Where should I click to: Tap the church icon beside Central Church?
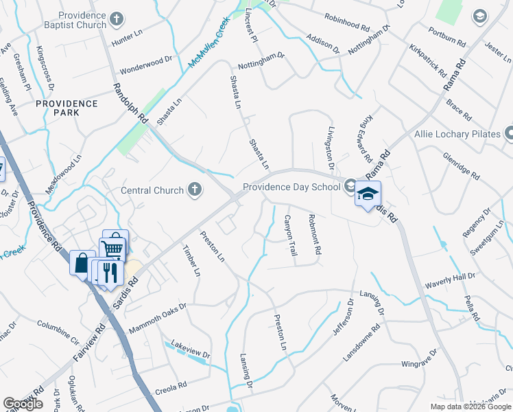pyautogui.click(x=195, y=190)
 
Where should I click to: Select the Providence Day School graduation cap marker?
pyautogui.click(x=368, y=195)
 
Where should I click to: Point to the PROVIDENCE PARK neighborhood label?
pyautogui.click(x=67, y=108)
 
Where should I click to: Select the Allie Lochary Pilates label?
pyautogui.click(x=457, y=134)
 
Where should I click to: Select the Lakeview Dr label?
pyautogui.click(x=190, y=347)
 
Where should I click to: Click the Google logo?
pyautogui.click(x=23, y=404)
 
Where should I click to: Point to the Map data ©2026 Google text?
pyautogui.click(x=470, y=407)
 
